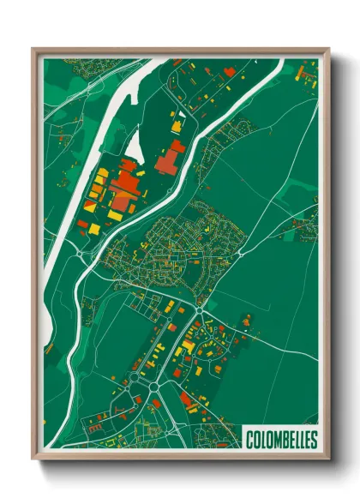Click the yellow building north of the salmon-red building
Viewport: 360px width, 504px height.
(176, 127)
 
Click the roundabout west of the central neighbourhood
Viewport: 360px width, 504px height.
(81, 255)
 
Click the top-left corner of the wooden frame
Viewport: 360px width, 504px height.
(33, 50)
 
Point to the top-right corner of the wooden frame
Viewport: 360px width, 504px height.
(327, 50)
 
